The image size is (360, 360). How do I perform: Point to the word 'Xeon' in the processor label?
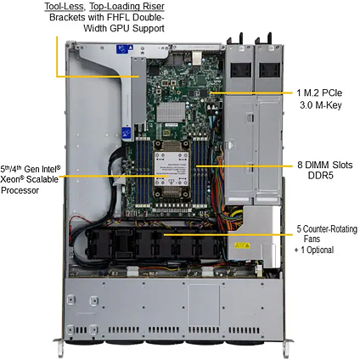tap(12, 179)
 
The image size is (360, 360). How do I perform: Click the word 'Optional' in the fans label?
tap(320, 250)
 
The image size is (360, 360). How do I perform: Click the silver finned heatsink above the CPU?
tap(171, 112)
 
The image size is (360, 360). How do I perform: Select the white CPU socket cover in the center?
tap(172, 169)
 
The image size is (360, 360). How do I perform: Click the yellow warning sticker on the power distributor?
tap(243, 245)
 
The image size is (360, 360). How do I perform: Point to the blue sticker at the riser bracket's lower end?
tap(127, 134)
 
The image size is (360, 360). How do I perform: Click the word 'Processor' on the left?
tap(20, 190)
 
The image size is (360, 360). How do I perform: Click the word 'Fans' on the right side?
tap(312, 239)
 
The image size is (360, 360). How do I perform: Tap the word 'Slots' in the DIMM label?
tap(342, 165)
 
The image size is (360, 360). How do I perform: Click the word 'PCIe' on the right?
tap(331, 93)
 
